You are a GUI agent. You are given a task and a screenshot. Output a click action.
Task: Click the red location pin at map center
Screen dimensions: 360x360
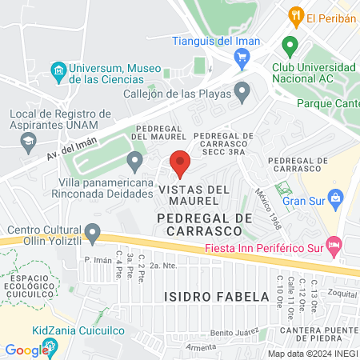[x=180, y=162]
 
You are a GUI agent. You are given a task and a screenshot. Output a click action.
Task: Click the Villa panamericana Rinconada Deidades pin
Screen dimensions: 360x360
[x=135, y=163]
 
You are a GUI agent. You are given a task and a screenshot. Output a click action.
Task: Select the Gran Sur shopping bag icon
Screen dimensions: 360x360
[x=335, y=196]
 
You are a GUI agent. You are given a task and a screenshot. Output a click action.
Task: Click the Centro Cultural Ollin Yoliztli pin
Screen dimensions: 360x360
[x=93, y=234]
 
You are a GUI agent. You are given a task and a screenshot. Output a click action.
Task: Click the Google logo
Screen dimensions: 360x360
[x=26, y=350]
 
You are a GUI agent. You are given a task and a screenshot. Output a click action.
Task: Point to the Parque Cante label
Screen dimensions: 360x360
[x=327, y=103]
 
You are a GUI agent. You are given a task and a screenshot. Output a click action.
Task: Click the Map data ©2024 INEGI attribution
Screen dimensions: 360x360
[x=312, y=354]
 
